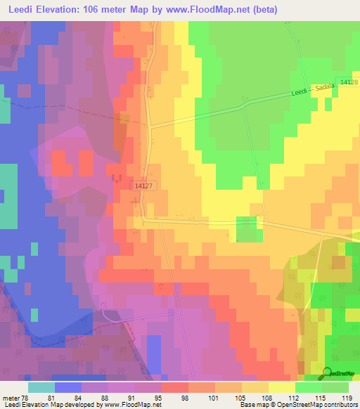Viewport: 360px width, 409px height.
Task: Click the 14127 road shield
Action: point(142,185)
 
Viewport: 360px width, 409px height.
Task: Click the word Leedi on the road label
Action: point(300,93)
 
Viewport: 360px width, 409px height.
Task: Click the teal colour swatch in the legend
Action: point(41,387)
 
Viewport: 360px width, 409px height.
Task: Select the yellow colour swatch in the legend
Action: point(281,387)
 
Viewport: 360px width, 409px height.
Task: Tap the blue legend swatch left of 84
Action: point(67,387)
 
